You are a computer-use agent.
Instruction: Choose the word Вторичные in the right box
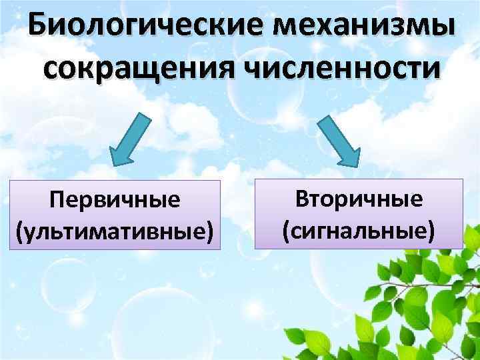(x=359, y=199)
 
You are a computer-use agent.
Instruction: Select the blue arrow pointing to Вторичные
(x=339, y=138)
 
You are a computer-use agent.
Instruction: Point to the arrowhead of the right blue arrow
(x=349, y=157)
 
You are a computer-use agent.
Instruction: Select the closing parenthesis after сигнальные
(x=432, y=230)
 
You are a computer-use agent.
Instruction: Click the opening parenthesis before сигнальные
(x=286, y=230)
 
